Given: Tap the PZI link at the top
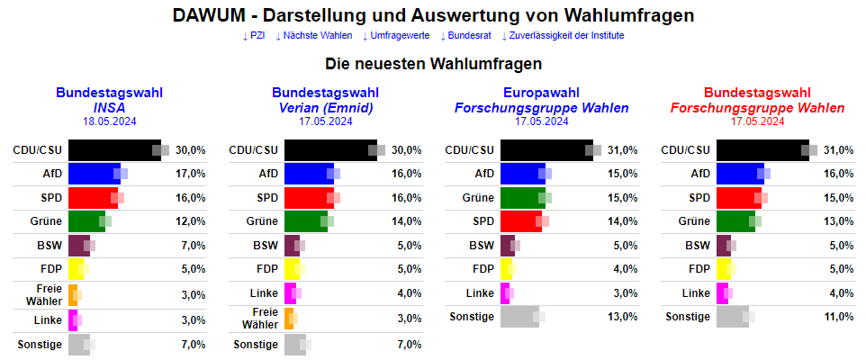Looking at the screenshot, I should point(254,35).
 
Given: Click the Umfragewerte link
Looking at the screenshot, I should point(395,35).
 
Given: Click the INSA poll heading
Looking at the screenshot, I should point(109,107).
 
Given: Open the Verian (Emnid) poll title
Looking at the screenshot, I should point(325,107).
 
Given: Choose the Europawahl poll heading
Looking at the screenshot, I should point(541,93).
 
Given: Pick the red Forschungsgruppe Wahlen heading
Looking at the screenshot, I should point(757,107).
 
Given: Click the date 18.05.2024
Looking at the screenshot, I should point(109,121).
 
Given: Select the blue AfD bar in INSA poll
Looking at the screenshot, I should point(94,173).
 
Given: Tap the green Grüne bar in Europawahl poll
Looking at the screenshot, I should point(522,197).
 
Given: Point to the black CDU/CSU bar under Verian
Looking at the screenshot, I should point(330,149).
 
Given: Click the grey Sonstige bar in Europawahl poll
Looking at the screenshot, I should point(519,316).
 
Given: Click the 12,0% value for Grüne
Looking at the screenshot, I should point(190,221).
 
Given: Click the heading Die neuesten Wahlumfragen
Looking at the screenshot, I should point(433,65).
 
